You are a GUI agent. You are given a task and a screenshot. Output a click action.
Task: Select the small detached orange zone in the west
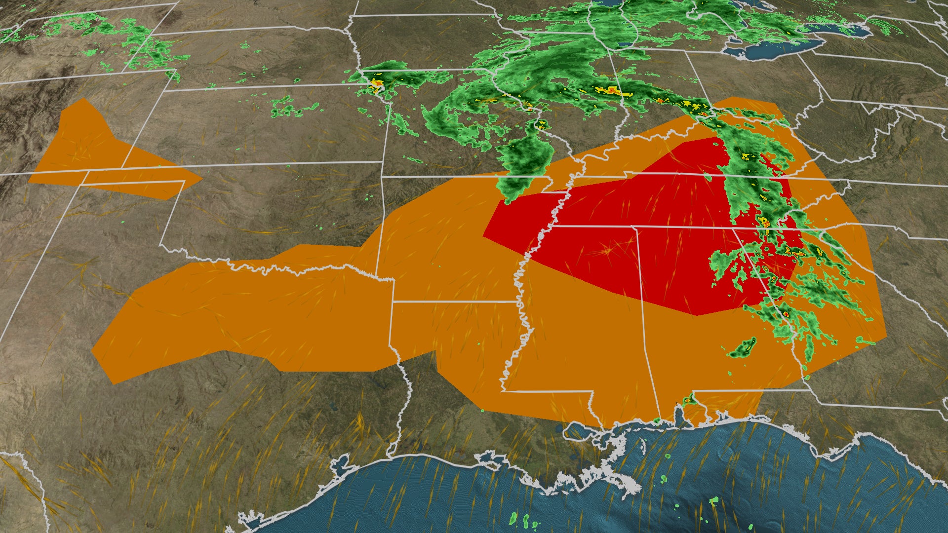(x=99, y=153)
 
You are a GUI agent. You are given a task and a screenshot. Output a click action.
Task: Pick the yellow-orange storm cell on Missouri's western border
(x=376, y=84)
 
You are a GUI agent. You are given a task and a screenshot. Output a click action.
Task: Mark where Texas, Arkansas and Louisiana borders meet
(x=394, y=301)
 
